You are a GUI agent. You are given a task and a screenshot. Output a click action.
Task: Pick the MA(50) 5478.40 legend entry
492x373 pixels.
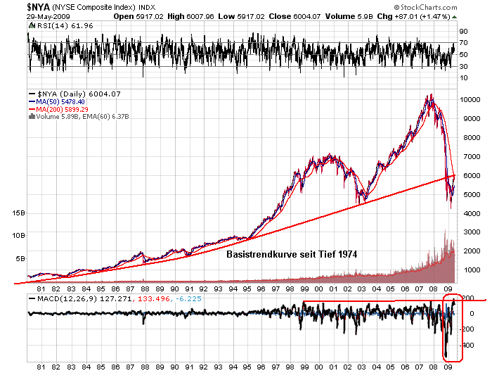click(63, 101)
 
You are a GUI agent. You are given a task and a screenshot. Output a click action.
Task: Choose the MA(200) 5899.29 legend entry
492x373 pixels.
click(65, 109)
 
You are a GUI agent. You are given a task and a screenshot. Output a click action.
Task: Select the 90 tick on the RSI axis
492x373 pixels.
click(462, 32)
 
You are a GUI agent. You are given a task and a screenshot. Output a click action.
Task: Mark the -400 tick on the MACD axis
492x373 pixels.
click(467, 346)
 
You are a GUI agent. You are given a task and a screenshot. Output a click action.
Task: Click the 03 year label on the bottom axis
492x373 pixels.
click(363, 367)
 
